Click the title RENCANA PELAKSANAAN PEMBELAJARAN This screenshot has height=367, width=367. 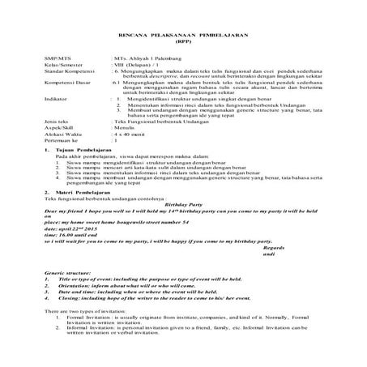pos(183,38)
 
